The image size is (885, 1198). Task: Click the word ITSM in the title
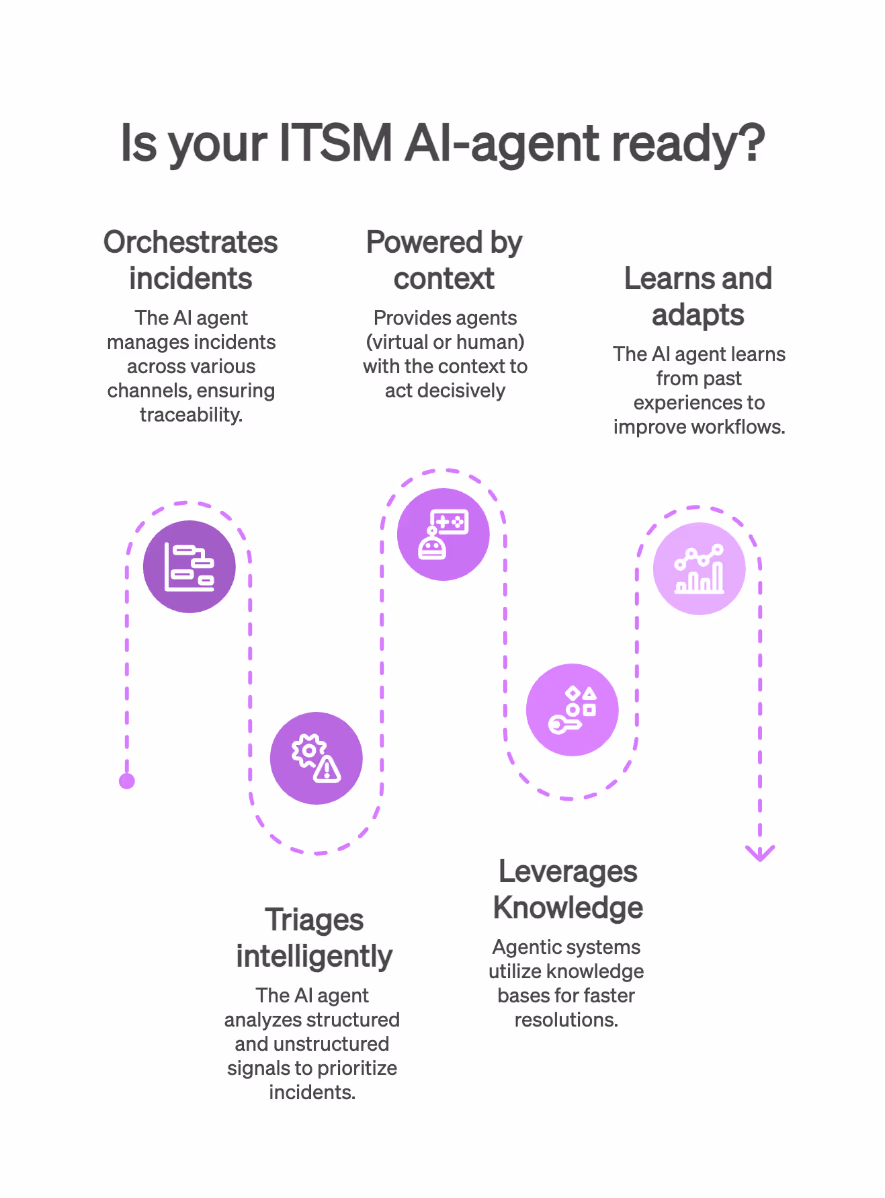coord(335,143)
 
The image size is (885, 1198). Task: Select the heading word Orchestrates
coord(190,242)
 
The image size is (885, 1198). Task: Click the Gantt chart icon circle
coord(189,567)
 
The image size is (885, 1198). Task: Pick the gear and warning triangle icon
coord(316,758)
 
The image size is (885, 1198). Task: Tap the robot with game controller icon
coord(443,534)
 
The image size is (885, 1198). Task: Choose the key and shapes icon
coord(572,710)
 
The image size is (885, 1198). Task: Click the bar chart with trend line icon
coord(699,569)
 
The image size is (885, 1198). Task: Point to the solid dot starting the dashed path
coord(127,781)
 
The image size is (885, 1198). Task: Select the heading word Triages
coord(314,920)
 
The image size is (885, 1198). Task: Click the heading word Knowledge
coord(568,908)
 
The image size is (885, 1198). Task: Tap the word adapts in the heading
coord(698,315)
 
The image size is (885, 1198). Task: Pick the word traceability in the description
coord(190,415)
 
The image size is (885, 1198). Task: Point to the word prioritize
coord(355,1068)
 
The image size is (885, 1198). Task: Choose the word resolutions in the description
coord(566,1020)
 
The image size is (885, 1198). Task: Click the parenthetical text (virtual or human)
coord(445,342)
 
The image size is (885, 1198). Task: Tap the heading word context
coord(444,278)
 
